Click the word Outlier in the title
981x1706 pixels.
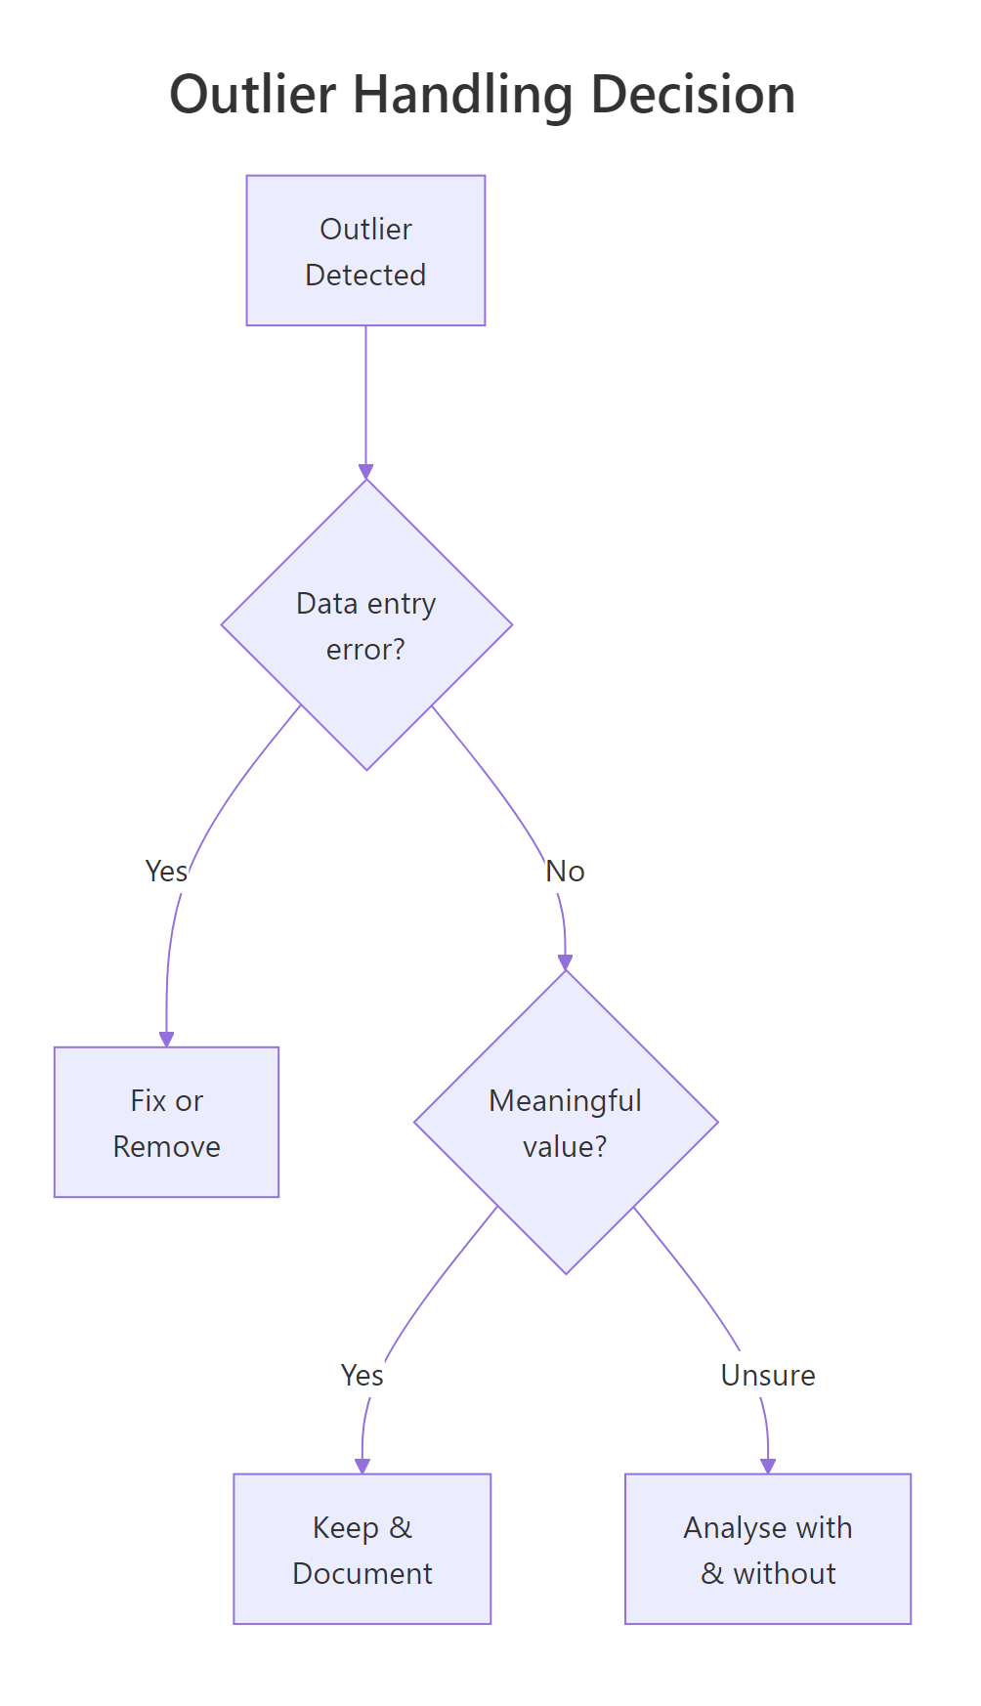point(253,95)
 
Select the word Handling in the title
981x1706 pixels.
point(463,97)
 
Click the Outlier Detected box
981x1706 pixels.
point(365,251)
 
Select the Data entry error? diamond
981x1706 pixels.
point(366,625)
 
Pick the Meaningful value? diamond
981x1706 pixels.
point(566,1123)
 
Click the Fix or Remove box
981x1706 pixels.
point(167,1123)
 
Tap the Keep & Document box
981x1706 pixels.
point(363,1550)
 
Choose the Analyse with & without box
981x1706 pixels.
point(768,1550)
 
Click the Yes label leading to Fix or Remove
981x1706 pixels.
point(166,871)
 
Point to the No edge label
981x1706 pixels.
point(566,871)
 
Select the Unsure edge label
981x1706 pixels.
point(768,1376)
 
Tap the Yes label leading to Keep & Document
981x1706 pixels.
point(363,1376)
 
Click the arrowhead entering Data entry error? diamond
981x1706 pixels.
point(366,472)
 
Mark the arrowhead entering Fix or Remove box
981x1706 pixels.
point(167,1039)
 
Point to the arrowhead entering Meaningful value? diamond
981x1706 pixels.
point(566,962)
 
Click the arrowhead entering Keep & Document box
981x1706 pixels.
point(363,1466)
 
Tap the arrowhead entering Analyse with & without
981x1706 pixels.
point(768,1466)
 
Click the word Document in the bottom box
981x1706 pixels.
point(363,1573)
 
